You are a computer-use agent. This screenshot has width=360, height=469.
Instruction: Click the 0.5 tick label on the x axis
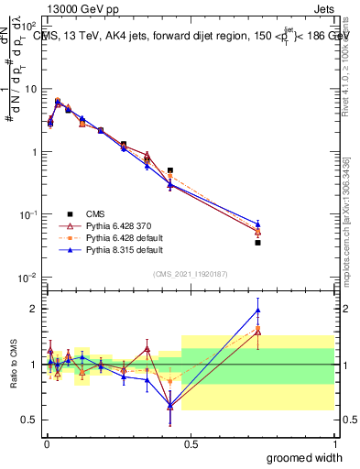click(190, 443)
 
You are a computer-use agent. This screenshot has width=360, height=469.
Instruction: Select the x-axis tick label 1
click(333, 443)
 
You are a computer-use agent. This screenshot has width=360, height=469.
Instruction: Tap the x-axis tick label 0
click(46, 443)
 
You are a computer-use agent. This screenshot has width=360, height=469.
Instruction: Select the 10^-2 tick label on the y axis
click(27, 278)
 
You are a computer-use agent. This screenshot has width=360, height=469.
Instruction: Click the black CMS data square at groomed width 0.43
click(170, 170)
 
